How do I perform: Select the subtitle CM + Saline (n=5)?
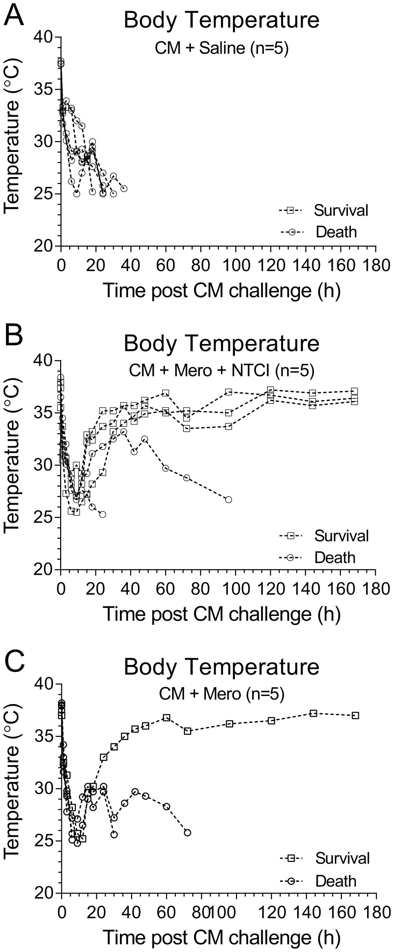(x=221, y=48)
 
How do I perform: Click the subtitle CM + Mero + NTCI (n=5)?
(x=221, y=370)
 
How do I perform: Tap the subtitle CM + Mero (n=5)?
(x=221, y=694)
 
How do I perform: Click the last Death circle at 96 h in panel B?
(x=228, y=500)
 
